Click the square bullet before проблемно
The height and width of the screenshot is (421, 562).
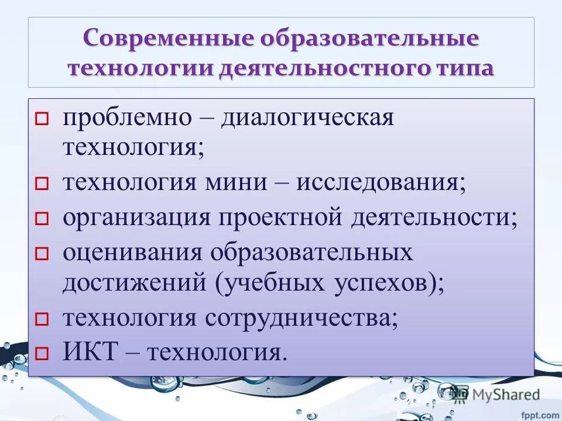[x=40, y=119]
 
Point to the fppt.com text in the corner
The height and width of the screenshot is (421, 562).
[x=542, y=415]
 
